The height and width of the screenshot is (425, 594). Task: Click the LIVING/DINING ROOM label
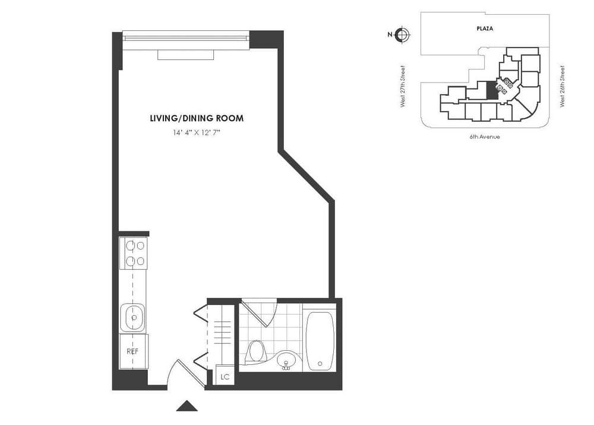(x=197, y=118)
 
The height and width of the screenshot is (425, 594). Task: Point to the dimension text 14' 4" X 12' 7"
(x=197, y=133)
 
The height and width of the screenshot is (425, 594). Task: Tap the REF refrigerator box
(x=133, y=351)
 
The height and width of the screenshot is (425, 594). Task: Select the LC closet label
(x=225, y=376)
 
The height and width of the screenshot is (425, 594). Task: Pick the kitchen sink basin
(x=133, y=317)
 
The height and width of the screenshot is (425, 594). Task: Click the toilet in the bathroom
(x=257, y=351)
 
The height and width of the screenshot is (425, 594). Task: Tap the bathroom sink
(x=286, y=360)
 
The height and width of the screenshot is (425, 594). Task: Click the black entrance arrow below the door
(x=187, y=407)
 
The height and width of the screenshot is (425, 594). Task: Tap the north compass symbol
(x=402, y=34)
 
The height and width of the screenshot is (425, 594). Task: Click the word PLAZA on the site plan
(x=485, y=28)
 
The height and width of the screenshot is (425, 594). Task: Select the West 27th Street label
(x=403, y=86)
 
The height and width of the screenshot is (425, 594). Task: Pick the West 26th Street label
(x=562, y=86)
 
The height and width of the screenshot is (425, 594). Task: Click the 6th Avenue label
(x=484, y=137)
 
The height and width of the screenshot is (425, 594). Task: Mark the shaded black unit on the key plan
(x=491, y=90)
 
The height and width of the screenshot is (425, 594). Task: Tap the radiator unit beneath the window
(x=185, y=55)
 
